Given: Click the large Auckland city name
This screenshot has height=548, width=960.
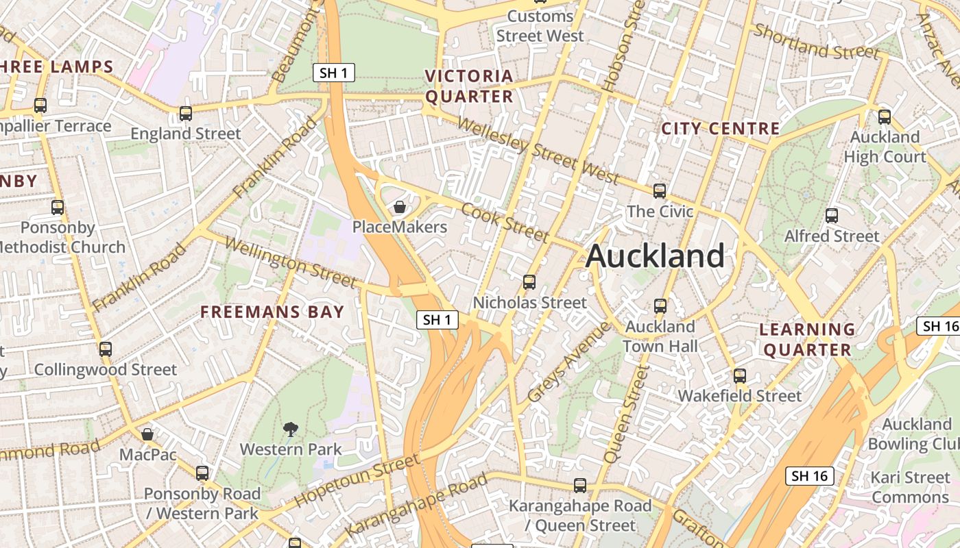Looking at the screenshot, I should (655, 256).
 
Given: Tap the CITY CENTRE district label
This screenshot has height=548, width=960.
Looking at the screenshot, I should (720, 128).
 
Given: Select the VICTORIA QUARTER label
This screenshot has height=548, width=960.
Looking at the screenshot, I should (469, 86).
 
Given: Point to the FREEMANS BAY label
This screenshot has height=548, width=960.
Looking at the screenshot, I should (272, 312).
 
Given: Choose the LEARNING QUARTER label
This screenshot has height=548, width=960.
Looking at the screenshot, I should (808, 340).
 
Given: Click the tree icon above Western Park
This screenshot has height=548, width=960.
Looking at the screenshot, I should (291, 429).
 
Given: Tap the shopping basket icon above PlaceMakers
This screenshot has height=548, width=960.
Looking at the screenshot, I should (400, 206).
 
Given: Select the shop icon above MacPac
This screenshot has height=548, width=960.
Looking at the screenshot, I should (147, 434).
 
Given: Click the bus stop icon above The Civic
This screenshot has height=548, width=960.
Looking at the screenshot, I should (660, 191).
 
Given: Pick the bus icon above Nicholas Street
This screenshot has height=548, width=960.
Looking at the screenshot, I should (529, 282).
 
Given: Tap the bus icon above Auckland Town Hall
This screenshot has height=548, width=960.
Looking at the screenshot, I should (660, 306).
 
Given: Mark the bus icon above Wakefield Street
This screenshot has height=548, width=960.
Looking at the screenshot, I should (739, 375).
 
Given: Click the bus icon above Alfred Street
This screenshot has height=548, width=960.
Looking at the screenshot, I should (832, 216).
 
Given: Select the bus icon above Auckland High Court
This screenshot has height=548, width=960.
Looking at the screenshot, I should (885, 116).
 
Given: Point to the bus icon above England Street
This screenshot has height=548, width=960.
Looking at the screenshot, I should (186, 113).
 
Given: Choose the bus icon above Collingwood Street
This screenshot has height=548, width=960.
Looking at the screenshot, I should (105, 349).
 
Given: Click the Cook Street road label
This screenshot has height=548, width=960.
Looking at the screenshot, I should (505, 222).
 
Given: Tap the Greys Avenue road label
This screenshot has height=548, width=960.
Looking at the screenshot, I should (569, 362).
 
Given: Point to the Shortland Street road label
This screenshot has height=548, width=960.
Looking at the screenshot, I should (816, 42).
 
